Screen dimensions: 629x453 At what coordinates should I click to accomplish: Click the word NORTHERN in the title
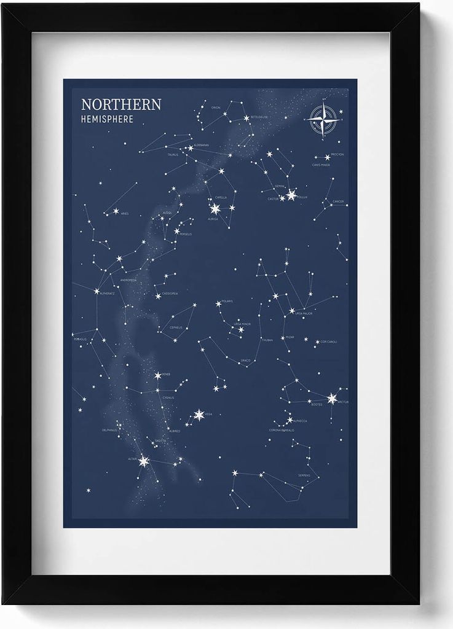[121, 104]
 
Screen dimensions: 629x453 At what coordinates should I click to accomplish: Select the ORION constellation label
[215, 107]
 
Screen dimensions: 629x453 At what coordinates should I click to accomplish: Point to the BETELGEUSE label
[259, 117]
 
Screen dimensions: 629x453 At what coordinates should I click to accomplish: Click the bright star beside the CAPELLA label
[215, 209]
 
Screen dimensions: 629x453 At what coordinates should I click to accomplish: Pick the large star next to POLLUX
[291, 195]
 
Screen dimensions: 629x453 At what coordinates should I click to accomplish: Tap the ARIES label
[125, 214]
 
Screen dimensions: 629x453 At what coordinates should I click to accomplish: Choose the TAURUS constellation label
[173, 155]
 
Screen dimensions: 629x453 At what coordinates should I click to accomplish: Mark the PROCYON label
[337, 155]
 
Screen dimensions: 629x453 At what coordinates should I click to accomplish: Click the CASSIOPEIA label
[170, 294]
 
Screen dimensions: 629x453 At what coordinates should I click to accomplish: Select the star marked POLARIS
[218, 303]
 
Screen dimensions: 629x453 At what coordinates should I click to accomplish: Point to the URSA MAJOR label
[304, 313]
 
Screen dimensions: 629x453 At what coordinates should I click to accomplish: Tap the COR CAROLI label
[329, 341]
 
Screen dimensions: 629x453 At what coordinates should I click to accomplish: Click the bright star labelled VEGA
[199, 415]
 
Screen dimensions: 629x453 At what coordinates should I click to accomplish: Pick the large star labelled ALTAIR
[144, 461]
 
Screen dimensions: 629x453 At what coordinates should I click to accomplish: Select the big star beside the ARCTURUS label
[332, 399]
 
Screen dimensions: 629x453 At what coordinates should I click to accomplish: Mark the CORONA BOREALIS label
[282, 430]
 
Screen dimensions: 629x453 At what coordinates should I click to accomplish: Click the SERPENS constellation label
[304, 475]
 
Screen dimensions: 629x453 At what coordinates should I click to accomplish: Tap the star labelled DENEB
[157, 375]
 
